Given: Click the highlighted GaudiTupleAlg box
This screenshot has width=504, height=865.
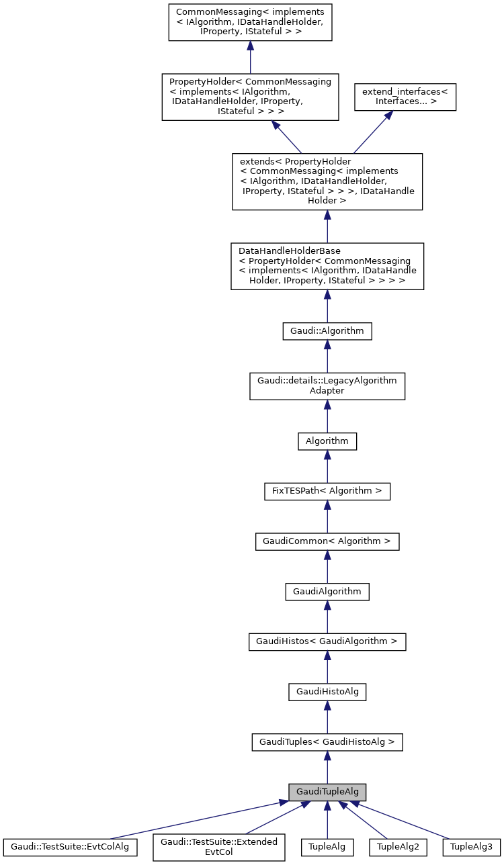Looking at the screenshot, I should pyautogui.click(x=327, y=792).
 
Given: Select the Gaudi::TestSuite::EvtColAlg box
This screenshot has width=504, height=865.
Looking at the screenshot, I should pyautogui.click(x=70, y=847).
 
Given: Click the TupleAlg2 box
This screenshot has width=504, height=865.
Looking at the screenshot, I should pyautogui.click(x=398, y=847).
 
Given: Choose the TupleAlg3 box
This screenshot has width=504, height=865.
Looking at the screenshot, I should pyautogui.click(x=472, y=847).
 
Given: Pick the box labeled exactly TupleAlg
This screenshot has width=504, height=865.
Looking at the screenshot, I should pyautogui.click(x=327, y=847).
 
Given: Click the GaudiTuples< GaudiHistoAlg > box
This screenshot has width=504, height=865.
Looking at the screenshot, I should pyautogui.click(x=327, y=742).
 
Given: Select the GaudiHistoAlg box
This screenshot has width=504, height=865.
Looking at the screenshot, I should pyautogui.click(x=327, y=692).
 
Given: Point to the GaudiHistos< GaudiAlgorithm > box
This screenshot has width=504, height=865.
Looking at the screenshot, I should pyautogui.click(x=327, y=641).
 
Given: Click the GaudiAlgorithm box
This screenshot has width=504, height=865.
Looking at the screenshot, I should pyautogui.click(x=327, y=592).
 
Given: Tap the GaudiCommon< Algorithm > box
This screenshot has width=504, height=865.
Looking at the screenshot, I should pyautogui.click(x=327, y=541).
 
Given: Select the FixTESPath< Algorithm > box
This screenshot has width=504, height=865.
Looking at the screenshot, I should pyautogui.click(x=327, y=491).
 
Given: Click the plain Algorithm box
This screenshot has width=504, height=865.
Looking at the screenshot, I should pyautogui.click(x=327, y=441).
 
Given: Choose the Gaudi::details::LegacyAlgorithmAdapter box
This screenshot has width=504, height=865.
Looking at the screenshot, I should pyautogui.click(x=327, y=385).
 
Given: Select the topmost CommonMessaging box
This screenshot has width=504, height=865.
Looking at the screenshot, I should pyautogui.click(x=250, y=22).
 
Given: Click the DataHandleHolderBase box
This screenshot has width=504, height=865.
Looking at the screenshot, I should pyautogui.click(x=327, y=266).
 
